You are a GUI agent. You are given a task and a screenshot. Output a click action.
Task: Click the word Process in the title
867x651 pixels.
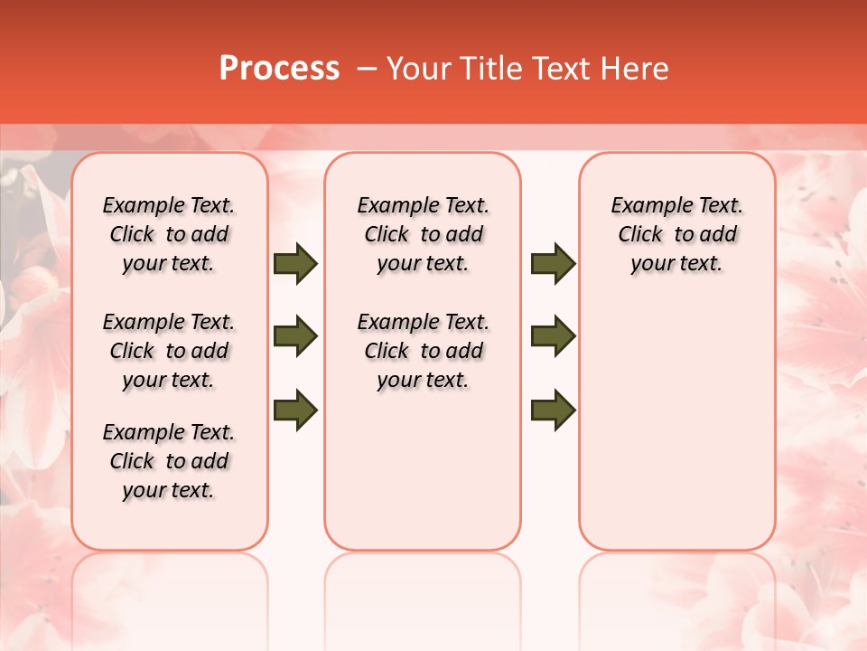(279, 69)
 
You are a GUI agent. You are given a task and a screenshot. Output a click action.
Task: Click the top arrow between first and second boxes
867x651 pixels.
(295, 264)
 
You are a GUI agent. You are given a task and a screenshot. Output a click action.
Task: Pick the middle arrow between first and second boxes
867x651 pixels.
(295, 336)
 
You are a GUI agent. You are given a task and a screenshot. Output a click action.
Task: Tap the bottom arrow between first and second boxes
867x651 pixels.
(295, 410)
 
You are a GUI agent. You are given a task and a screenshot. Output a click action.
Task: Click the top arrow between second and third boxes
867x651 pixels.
(553, 264)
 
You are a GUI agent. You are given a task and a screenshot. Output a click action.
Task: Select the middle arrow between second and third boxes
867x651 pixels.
(553, 336)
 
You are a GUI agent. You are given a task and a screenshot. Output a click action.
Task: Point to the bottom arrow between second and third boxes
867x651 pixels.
(553, 410)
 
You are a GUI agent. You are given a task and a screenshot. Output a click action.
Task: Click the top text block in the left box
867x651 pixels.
(169, 234)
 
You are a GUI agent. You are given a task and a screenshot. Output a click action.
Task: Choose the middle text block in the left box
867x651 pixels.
(169, 351)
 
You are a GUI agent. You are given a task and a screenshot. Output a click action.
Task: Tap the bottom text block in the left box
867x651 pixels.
(169, 461)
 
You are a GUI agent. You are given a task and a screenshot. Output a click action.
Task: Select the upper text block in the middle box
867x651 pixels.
(423, 234)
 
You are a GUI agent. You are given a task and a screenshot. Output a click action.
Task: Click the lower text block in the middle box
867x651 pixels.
(423, 351)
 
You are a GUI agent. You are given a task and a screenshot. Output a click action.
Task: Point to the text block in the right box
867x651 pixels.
(676, 234)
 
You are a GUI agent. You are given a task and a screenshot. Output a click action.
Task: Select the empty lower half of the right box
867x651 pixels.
(676, 425)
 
